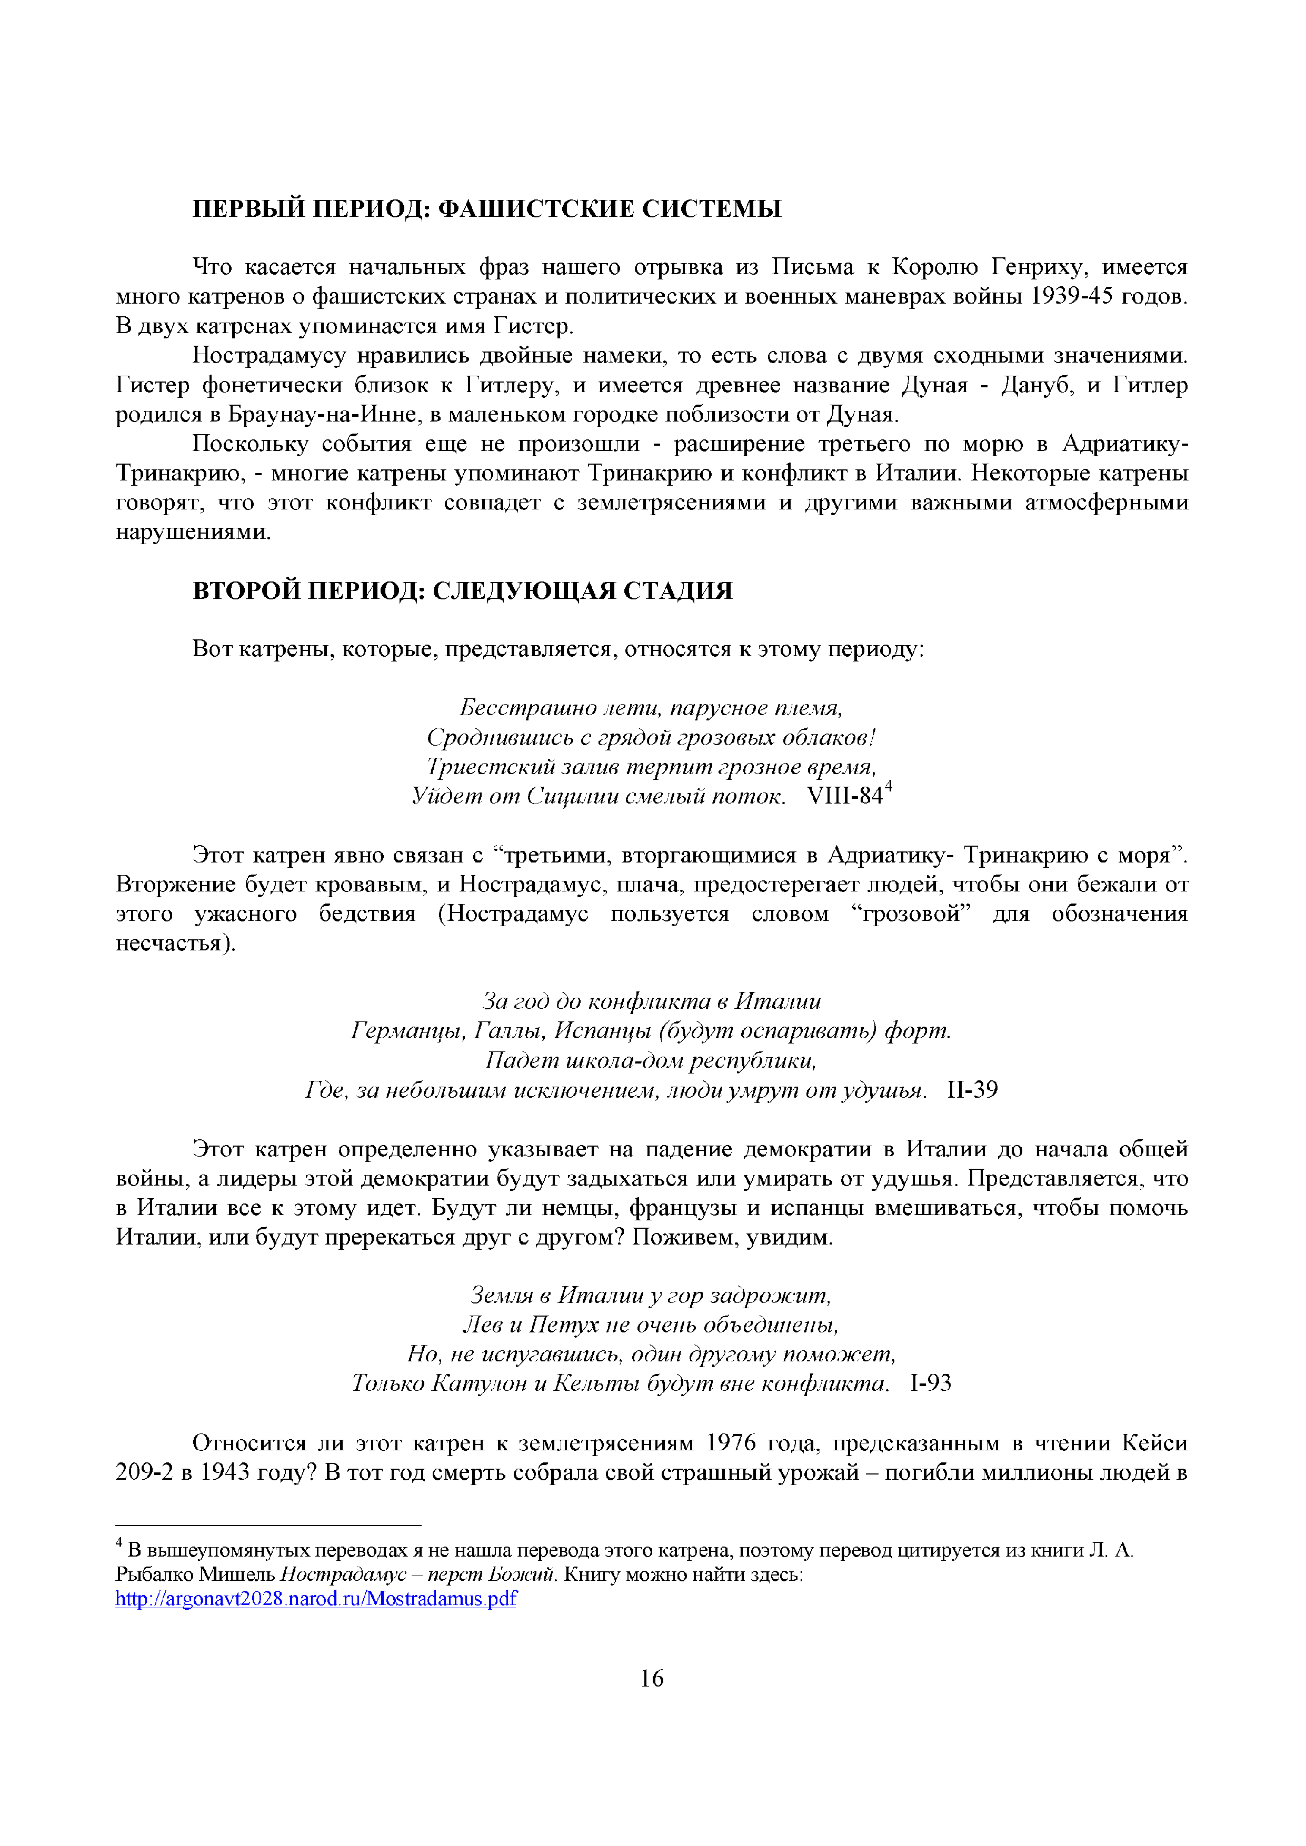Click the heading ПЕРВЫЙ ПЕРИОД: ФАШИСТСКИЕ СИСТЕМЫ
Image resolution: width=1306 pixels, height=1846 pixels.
[486, 209]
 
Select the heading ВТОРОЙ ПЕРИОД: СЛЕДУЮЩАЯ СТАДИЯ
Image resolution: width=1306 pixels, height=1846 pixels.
[462, 591]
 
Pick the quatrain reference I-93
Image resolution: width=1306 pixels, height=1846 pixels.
[931, 1383]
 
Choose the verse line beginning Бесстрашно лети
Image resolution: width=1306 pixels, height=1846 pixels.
[651, 708]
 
